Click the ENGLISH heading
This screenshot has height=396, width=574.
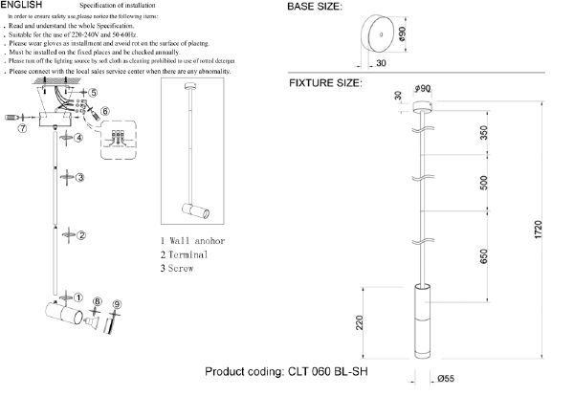[21, 6]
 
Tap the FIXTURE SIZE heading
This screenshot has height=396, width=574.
[325, 83]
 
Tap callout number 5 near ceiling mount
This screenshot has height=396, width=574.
[93, 92]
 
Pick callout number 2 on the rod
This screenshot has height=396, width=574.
[82, 235]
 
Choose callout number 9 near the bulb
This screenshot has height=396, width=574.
[117, 306]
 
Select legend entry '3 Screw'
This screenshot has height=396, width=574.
[178, 269]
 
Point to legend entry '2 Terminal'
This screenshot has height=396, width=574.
[184, 254]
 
